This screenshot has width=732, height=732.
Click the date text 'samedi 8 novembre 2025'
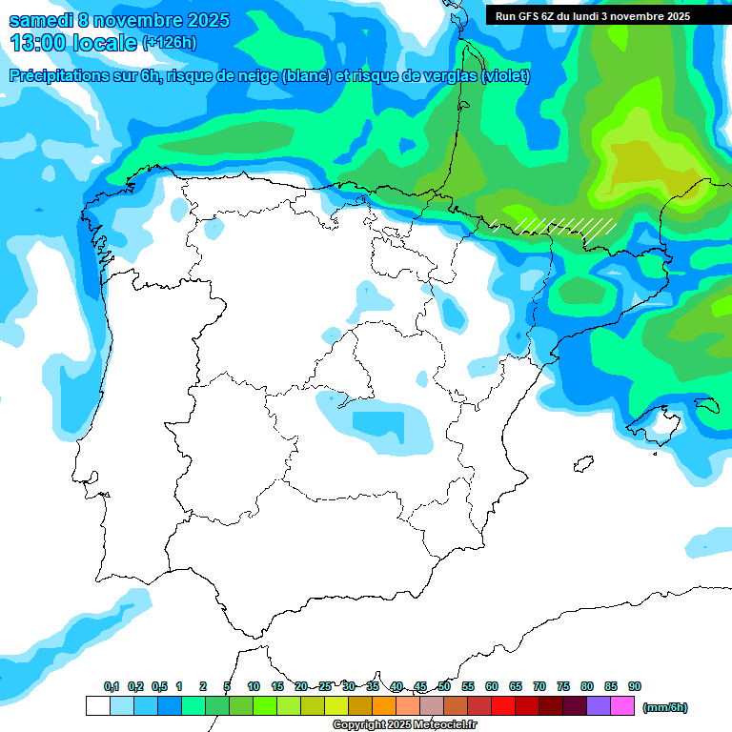coord(119,20)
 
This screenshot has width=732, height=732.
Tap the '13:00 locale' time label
coord(72,42)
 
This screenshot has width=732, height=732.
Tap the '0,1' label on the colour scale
coord(112,686)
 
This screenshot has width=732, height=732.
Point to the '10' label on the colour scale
coord(254,686)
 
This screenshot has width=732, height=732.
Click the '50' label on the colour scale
coord(444,686)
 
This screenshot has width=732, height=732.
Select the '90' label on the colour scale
coord(635,686)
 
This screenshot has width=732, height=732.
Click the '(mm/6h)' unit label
coord(664,707)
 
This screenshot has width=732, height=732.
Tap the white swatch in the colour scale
coord(97,706)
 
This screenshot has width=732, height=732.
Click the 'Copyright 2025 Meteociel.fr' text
coord(404,725)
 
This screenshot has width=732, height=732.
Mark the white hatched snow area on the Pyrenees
coord(562,226)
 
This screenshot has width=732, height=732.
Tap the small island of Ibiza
coord(580,464)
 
